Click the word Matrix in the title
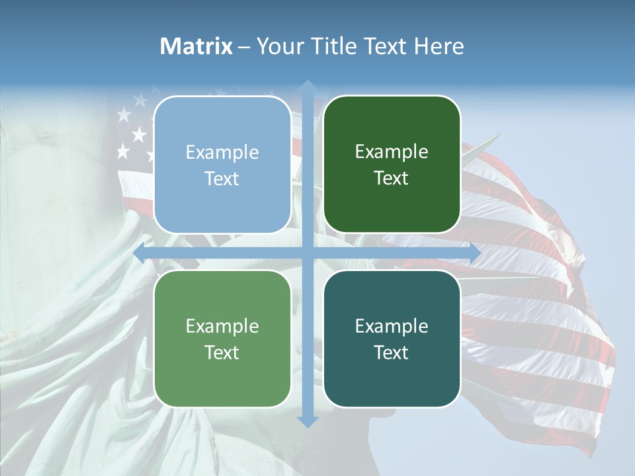click(196, 46)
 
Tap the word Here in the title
click(439, 46)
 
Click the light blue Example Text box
click(222, 165)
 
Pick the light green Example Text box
click(222, 338)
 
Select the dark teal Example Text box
click(392, 338)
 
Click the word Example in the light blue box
click(222, 153)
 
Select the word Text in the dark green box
click(392, 178)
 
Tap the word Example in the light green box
click(222, 327)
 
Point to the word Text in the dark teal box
click(392, 352)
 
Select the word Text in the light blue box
click(222, 179)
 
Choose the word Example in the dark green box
click(392, 152)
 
